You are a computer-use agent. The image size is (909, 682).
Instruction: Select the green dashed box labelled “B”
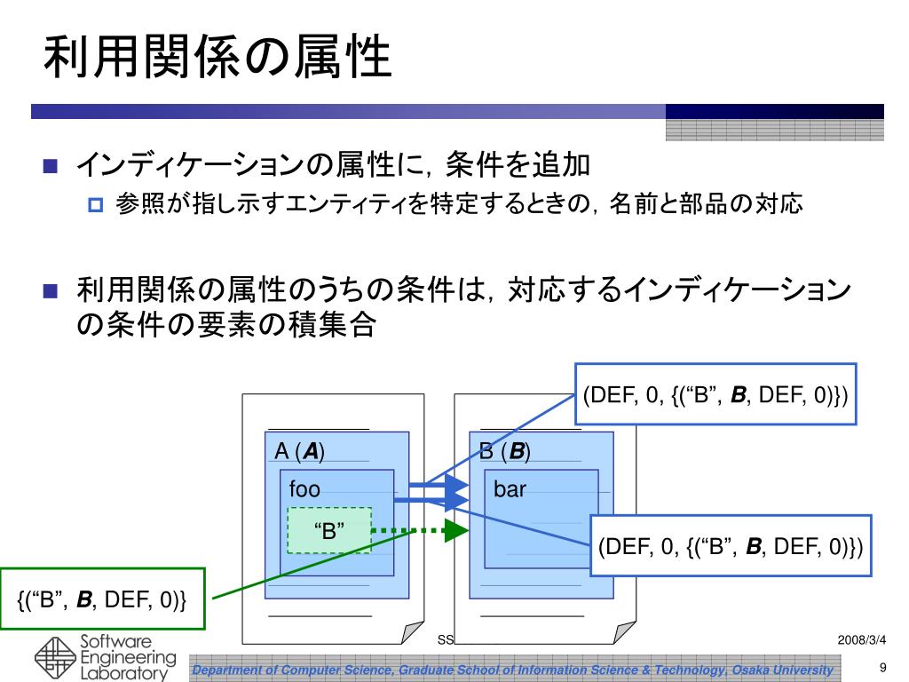click(328, 531)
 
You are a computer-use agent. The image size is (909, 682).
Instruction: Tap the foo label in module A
click(304, 489)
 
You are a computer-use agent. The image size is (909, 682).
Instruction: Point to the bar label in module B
click(510, 489)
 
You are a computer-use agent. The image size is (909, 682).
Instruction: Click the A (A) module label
click(299, 452)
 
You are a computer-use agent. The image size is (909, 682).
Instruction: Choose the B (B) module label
click(505, 452)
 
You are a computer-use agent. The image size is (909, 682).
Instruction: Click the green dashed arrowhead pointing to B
click(455, 531)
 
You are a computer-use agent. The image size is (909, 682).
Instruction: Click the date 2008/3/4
click(861, 640)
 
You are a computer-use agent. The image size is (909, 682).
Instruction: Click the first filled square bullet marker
click(50, 166)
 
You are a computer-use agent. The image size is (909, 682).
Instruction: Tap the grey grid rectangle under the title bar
click(774, 131)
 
